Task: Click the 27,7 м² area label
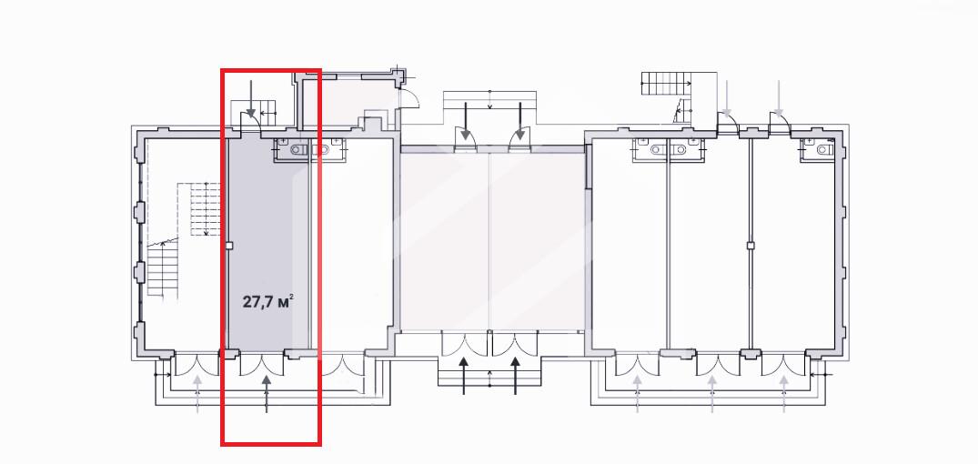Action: tap(267, 302)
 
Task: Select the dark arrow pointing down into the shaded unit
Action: tap(251, 99)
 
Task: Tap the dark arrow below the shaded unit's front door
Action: tap(267, 394)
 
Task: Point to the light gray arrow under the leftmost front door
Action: tap(197, 394)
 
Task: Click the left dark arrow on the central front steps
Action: tap(464, 376)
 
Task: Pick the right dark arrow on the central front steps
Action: tap(515, 376)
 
